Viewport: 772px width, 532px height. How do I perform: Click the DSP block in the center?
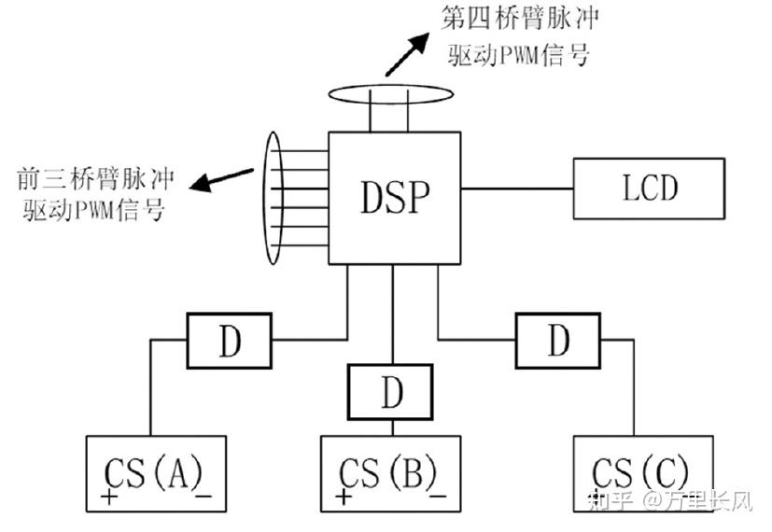pos(394,197)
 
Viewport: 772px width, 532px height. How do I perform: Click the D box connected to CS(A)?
pos(230,341)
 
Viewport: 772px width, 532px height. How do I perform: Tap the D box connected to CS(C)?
pos(557,341)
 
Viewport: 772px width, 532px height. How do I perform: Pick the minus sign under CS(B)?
pos(439,496)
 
